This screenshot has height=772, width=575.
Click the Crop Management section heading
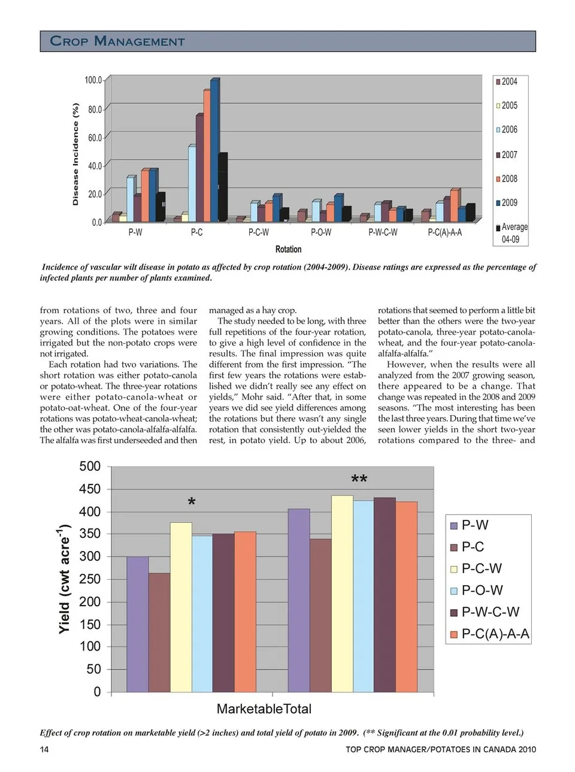click(117, 41)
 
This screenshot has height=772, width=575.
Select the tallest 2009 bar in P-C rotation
click(214, 150)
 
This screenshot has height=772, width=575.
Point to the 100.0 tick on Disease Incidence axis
click(93, 80)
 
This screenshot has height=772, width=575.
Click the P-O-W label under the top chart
click(321, 232)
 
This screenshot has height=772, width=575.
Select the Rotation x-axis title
click(288, 249)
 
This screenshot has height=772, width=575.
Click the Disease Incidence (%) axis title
click(75, 154)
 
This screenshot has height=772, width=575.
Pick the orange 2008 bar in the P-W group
click(144, 196)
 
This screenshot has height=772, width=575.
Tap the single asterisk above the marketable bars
click(192, 502)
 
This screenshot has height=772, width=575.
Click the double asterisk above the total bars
click(359, 480)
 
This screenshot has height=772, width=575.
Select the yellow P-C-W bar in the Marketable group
click(181, 607)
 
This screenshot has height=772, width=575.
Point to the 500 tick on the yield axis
click(90, 467)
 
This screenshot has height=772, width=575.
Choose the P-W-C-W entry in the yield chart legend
click(490, 612)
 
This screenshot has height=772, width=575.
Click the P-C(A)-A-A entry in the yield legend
click(495, 634)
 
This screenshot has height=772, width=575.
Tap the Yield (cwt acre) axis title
click(64, 579)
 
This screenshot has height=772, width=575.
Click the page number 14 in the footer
click(44, 749)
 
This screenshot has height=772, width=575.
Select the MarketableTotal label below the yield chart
click(264, 709)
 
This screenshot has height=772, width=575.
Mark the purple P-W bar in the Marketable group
click(138, 624)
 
